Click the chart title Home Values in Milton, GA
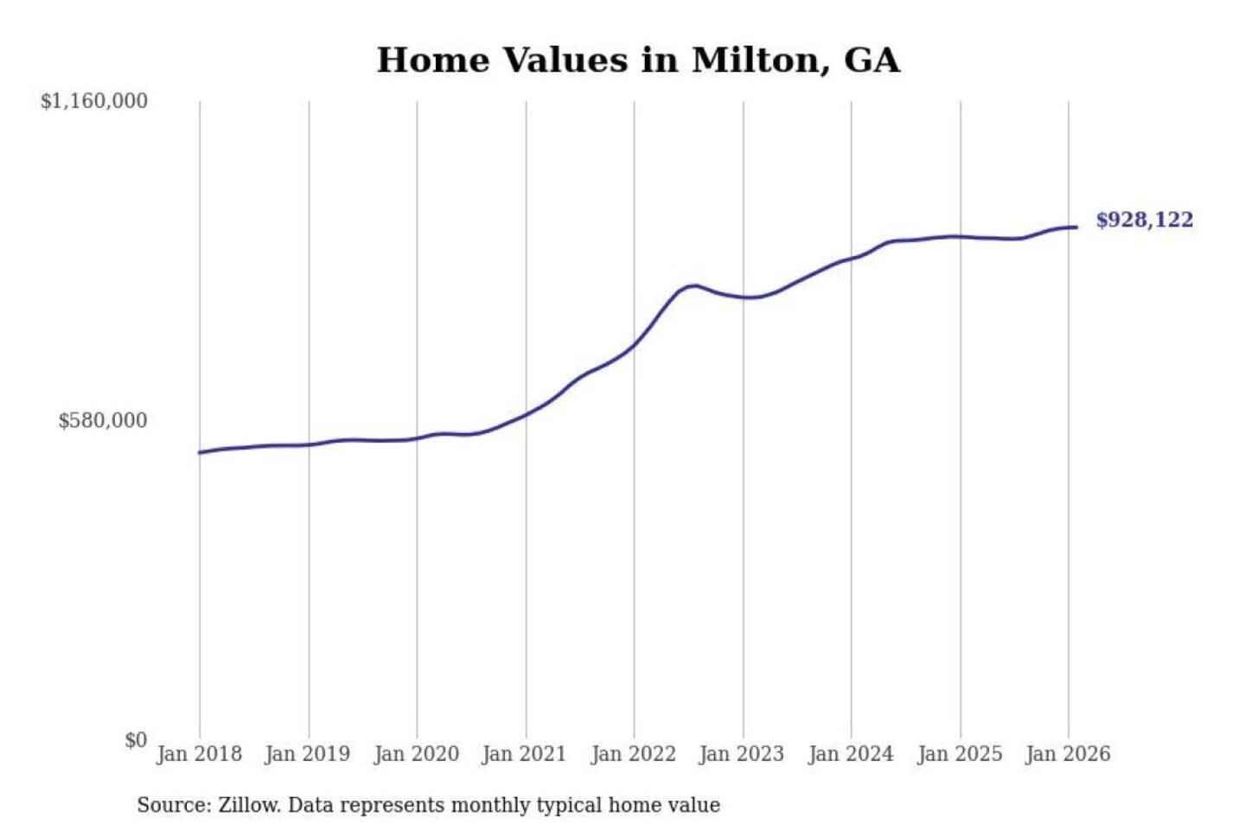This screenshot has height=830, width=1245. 638,61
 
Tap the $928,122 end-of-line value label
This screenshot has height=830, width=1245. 1144,220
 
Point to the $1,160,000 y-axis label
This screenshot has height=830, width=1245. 94,101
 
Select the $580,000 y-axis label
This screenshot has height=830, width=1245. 103,421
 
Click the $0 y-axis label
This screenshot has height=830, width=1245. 136,740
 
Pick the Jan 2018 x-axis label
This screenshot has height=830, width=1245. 199,754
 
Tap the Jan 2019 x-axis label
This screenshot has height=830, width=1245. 308,754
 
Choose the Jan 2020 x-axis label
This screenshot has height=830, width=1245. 416,754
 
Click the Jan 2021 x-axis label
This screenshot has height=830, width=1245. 524,754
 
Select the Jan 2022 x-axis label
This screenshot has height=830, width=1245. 633,754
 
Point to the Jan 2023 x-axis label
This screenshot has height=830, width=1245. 741,754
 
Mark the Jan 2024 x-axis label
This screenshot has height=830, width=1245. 850,754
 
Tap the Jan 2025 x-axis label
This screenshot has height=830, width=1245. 959,754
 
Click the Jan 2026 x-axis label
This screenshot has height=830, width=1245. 1067,754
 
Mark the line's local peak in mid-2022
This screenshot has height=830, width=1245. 693,285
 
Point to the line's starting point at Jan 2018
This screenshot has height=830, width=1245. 200,452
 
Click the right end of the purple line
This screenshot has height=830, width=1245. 1076,227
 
